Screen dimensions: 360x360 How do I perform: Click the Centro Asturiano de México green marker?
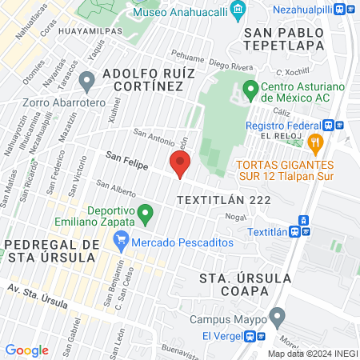(x=250, y=88)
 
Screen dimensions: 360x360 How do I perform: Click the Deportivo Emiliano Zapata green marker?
(x=145, y=214)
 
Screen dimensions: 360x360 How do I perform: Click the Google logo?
(x=26, y=350)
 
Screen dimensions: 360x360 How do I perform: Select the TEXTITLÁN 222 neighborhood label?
(x=224, y=199)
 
